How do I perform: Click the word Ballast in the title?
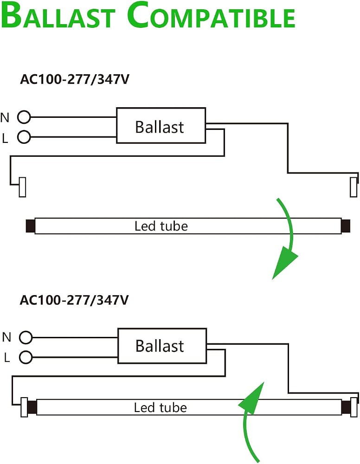tap(58, 15)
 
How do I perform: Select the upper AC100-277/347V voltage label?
tap(75, 79)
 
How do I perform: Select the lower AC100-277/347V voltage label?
tap(74, 300)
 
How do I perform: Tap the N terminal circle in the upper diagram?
tap(24, 117)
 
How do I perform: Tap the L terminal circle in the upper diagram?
tap(24, 137)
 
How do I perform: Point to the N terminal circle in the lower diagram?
tap(26, 337)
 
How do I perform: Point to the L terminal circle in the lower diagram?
tap(26, 357)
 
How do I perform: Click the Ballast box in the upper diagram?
tap(161, 125)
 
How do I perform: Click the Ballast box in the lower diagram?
tap(162, 346)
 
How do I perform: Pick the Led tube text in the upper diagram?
tap(161, 226)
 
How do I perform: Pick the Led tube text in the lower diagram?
tap(161, 407)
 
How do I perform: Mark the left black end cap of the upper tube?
tap(31, 226)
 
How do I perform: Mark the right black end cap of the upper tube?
tap(346, 226)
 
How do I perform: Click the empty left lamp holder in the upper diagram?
tap(22, 187)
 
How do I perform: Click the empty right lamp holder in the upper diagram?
tap(353, 187)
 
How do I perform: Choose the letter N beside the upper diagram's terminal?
tap(5, 118)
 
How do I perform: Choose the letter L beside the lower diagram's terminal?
tap(7, 358)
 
